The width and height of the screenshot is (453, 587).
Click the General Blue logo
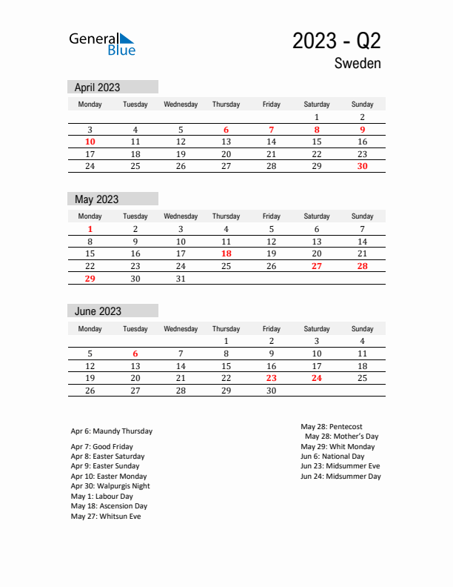click(x=102, y=44)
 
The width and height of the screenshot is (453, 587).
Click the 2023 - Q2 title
click(x=337, y=41)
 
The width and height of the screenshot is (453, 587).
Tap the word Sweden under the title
click(x=358, y=64)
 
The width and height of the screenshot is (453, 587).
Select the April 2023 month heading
click(x=98, y=87)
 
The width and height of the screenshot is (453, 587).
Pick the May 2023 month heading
click(x=97, y=199)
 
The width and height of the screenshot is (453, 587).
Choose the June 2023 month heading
click(x=98, y=311)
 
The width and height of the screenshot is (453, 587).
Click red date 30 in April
click(x=362, y=166)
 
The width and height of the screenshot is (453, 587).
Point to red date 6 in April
click(x=226, y=130)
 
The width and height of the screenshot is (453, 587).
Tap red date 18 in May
click(x=226, y=253)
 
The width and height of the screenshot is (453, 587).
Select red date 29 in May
click(x=90, y=278)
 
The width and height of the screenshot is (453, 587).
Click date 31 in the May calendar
click(x=181, y=278)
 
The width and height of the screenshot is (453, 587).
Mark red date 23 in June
click(x=272, y=378)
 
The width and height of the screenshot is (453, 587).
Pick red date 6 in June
click(x=135, y=354)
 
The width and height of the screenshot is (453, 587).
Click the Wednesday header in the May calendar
click(x=181, y=216)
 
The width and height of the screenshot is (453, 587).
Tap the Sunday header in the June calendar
click(x=362, y=328)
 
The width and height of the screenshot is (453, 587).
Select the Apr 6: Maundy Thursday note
click(x=112, y=431)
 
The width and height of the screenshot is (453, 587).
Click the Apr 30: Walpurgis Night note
click(x=110, y=486)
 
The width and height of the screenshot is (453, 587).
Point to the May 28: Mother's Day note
click(x=342, y=437)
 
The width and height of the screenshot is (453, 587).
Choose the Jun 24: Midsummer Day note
click(x=340, y=477)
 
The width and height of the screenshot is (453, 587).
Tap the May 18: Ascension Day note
click(x=109, y=506)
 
